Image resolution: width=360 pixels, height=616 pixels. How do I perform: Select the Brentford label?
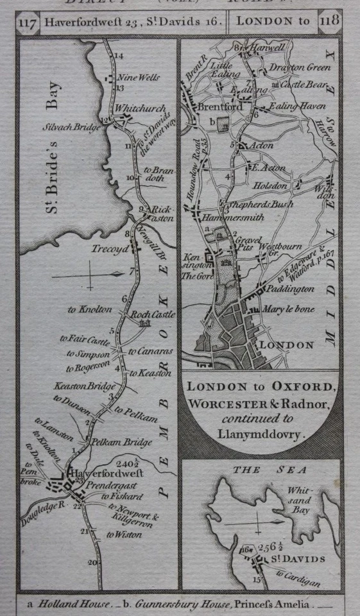pos(218,107)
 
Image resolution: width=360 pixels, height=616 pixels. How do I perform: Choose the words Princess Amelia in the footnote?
pos(280,604)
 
